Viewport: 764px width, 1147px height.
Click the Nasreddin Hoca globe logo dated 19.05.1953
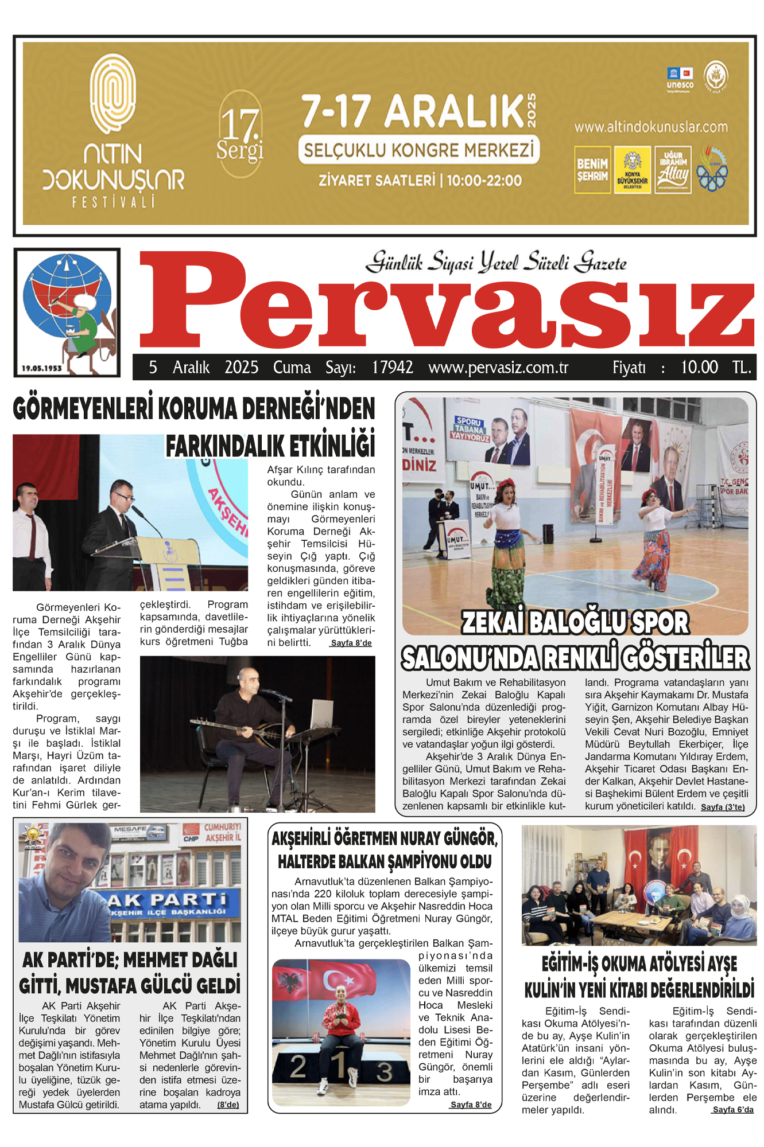[x=67, y=313]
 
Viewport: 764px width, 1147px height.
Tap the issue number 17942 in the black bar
[x=392, y=368]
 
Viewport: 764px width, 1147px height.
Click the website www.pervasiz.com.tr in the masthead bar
[x=498, y=368]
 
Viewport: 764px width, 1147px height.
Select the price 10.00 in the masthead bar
[x=699, y=368]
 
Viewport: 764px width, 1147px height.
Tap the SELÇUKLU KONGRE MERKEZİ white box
[x=419, y=150]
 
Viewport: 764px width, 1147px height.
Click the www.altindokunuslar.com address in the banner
[x=651, y=127]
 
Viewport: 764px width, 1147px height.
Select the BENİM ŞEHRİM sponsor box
[x=592, y=170]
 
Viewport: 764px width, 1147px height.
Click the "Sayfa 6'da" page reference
[x=732, y=1110]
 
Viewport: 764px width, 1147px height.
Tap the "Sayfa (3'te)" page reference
[x=723, y=807]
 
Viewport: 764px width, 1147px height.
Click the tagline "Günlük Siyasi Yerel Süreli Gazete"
[x=497, y=263]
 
